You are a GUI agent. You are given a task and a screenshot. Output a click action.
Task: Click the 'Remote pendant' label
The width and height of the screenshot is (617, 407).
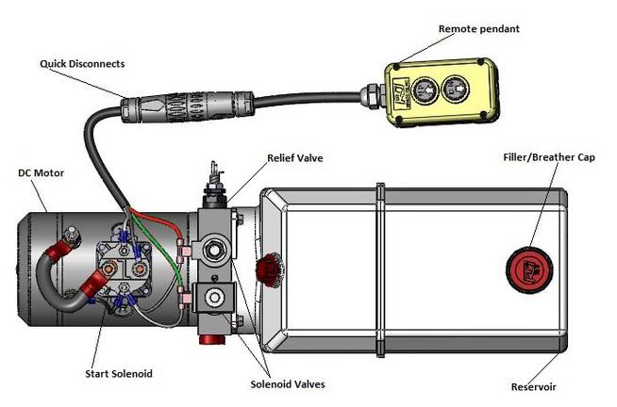[479, 29]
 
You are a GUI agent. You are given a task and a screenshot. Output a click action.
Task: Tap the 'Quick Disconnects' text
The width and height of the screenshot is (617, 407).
[82, 64]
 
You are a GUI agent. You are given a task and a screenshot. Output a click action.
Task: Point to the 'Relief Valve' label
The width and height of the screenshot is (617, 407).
[294, 158]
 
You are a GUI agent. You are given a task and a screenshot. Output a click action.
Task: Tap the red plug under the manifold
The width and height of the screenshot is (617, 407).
[209, 334]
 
